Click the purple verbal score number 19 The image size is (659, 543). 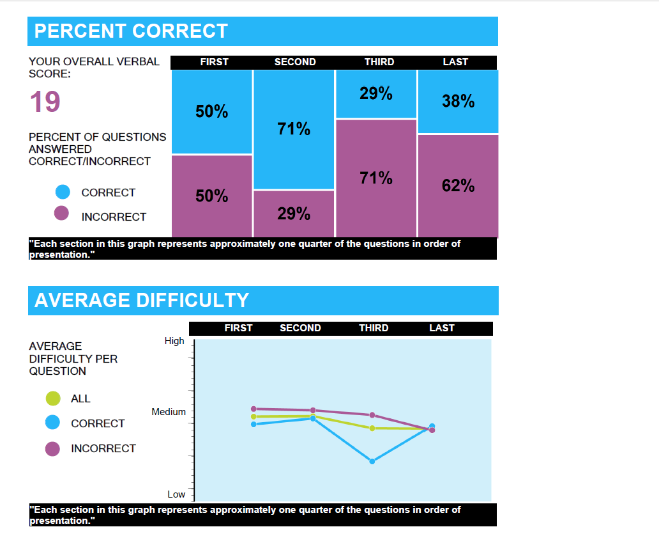click(45, 102)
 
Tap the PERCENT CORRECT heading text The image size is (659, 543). click(131, 31)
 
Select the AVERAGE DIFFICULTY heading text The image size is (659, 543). click(142, 300)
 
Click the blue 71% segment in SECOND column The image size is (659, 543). click(294, 130)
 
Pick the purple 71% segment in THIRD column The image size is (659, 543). click(376, 178)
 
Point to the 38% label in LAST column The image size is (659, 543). click(458, 101)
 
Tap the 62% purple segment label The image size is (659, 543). click(458, 185)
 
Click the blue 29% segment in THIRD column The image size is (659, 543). click(376, 94)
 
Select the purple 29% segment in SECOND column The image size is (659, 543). click(294, 214)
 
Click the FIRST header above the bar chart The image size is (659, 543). click(215, 62)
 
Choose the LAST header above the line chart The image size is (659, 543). click(442, 328)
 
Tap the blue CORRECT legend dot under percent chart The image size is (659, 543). click(63, 192)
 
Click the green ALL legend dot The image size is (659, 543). click(53, 398)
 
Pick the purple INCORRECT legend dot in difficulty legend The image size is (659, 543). click(52, 449)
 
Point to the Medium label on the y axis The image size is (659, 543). click(169, 412)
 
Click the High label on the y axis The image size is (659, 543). click(174, 341)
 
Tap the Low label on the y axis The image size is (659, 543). click(176, 494)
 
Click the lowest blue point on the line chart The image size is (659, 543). click(372, 461)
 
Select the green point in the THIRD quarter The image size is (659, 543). click(372, 429)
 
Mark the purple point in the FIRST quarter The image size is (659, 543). click(254, 409)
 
